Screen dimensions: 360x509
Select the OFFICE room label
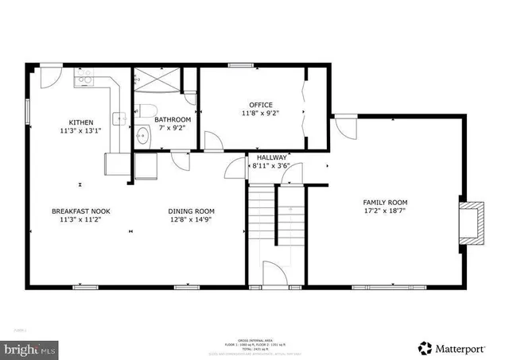261,105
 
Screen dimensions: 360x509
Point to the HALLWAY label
270,157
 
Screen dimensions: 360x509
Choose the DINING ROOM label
191,211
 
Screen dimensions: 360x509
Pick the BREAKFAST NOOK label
80,211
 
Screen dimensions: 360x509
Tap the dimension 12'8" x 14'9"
191,221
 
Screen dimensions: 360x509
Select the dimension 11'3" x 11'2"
80,221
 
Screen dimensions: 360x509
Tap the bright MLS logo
29,348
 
